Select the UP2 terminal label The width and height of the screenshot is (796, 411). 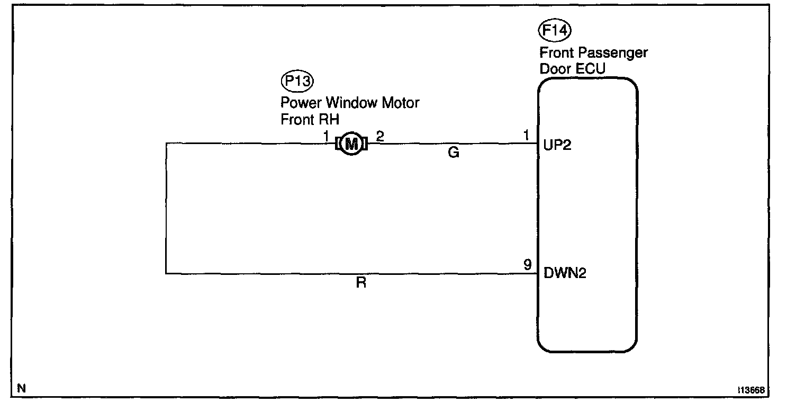(x=557, y=145)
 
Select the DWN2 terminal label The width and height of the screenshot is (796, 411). (x=565, y=274)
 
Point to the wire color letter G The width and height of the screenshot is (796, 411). (x=453, y=154)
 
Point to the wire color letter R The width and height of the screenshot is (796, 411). (x=361, y=283)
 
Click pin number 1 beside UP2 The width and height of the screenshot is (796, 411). (x=526, y=136)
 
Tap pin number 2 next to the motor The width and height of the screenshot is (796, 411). (x=379, y=136)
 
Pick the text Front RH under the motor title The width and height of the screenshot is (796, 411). (x=310, y=119)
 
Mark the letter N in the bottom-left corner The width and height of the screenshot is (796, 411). (x=21, y=388)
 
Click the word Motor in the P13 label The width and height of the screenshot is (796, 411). (x=401, y=102)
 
